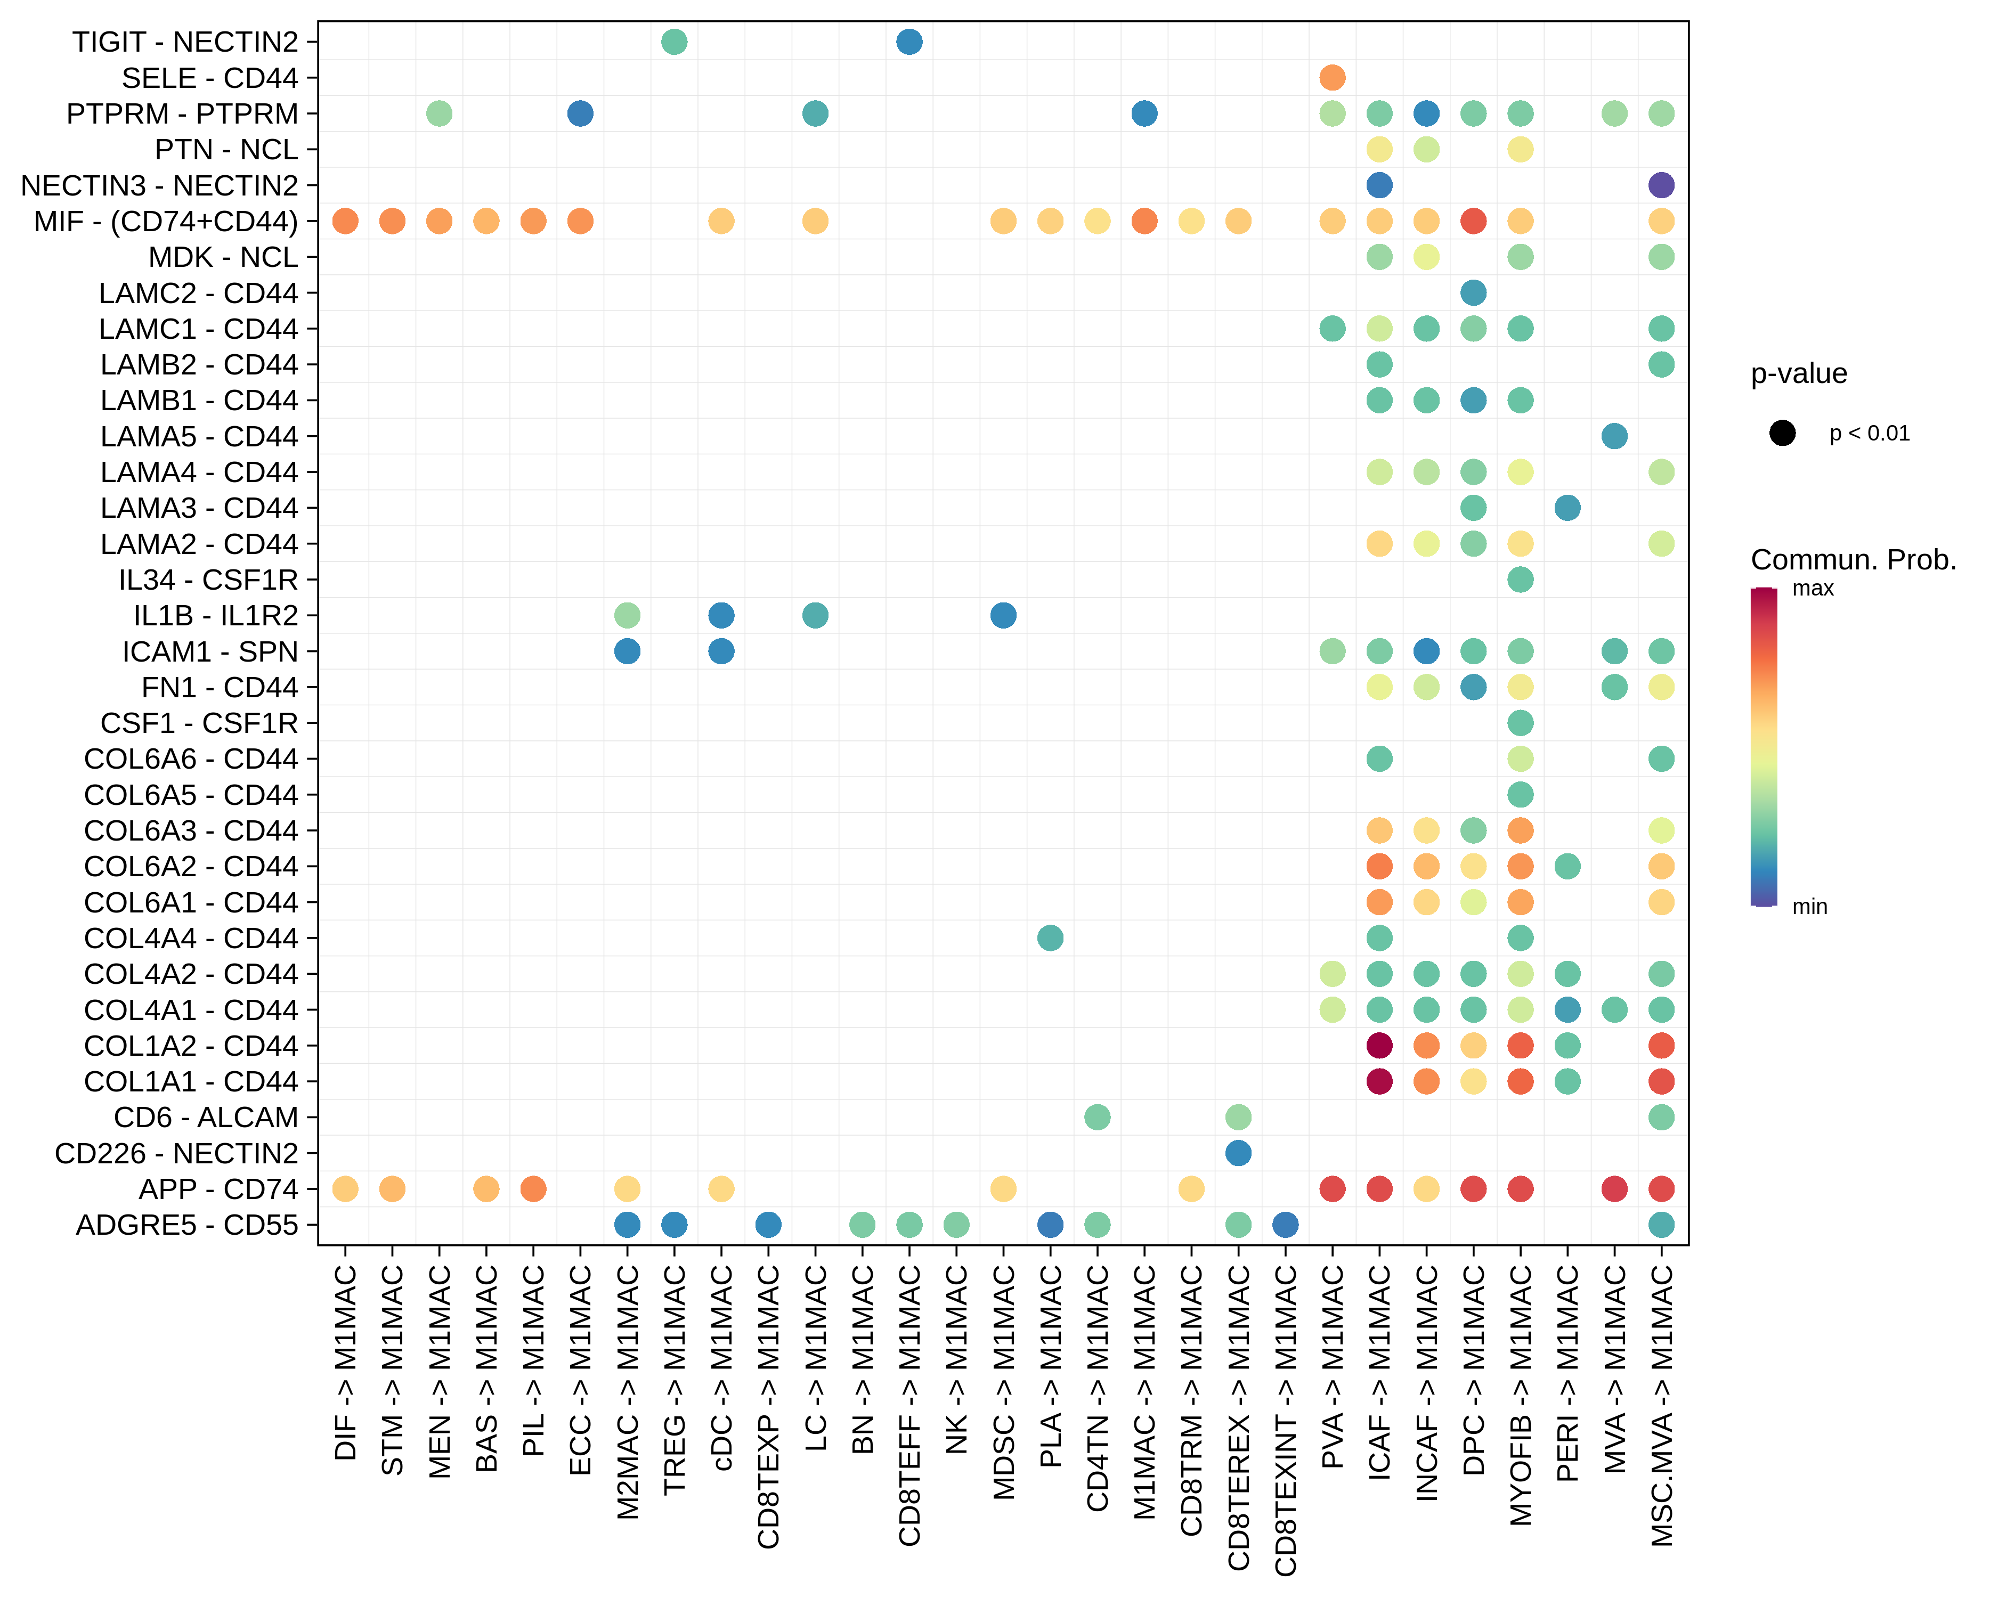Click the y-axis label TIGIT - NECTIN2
click(185, 42)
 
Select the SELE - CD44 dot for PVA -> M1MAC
click(1331, 78)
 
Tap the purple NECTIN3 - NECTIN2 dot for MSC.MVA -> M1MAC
click(1661, 185)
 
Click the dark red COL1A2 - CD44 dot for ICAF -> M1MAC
click(1379, 1045)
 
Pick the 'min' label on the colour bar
click(1809, 907)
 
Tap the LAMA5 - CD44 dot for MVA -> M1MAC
click(1613, 436)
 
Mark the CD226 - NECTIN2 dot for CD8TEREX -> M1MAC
click(1238, 1153)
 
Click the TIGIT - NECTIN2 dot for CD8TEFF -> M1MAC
click(909, 42)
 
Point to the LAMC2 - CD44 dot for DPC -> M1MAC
click(1473, 293)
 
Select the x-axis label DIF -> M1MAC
click(345, 1363)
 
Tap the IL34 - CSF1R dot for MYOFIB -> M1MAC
click(1520, 580)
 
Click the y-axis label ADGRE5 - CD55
click(187, 1225)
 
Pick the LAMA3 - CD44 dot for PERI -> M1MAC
click(1567, 508)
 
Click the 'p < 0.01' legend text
click(1869, 434)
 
